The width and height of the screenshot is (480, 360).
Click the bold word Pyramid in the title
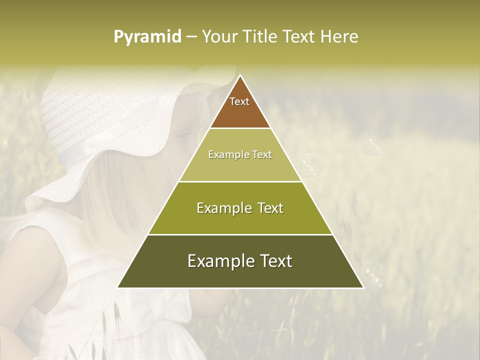[147, 37]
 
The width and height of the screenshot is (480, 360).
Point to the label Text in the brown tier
[239, 101]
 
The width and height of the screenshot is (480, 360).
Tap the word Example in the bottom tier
[216, 261]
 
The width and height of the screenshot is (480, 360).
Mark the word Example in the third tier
[218, 208]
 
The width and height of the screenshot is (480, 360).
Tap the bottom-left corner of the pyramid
[118, 287]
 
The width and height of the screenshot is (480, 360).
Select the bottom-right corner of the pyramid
[363, 287]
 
